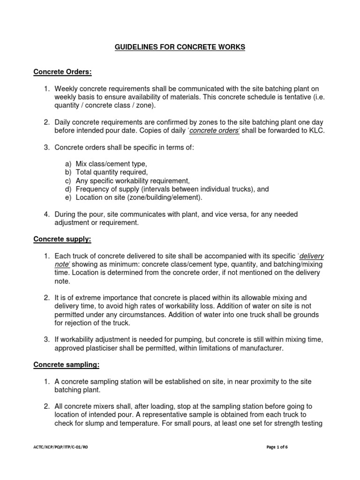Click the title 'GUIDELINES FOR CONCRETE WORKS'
tap(180, 47)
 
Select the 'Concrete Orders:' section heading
tap(62, 72)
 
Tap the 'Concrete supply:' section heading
tap(62, 239)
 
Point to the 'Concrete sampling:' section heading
tap(66, 364)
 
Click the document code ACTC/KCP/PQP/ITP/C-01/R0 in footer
tap(60, 447)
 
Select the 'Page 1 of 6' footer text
tap(277, 447)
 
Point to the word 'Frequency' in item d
tap(92, 189)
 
